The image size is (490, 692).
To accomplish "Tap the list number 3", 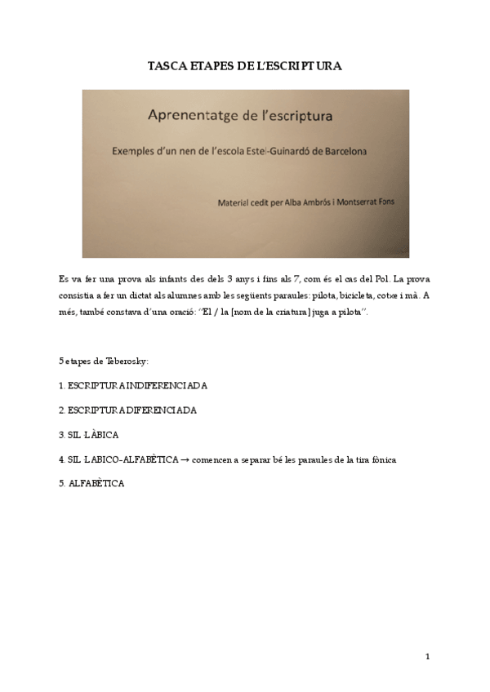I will (61, 435).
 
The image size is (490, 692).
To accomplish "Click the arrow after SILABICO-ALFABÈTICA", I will (185, 460).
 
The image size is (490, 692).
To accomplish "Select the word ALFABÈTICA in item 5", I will (96, 485).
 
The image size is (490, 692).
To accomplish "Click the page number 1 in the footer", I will (427, 655).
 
